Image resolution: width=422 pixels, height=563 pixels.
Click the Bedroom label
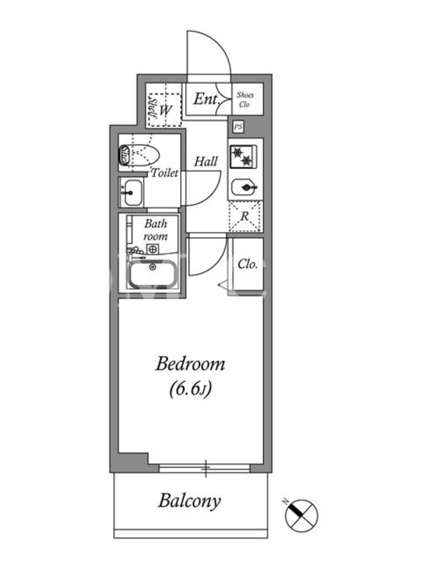pos(190,364)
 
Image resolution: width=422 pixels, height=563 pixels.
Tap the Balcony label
pos(189,501)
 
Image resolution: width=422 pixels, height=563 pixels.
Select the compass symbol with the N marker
pos(301,514)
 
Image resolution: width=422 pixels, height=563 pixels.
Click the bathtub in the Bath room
pos(153,274)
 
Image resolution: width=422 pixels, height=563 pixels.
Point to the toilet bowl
pos(139,155)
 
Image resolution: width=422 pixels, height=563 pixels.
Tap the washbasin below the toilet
pos(132,192)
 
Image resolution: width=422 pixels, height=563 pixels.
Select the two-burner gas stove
pos(243,156)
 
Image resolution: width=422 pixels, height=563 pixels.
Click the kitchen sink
pos(244,187)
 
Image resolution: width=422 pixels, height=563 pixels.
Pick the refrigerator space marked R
pos(245,216)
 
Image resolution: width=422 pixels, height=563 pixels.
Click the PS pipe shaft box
pos(238,127)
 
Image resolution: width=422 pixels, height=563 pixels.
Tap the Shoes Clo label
pos(245,99)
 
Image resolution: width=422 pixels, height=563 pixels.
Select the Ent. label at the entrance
pos(206,99)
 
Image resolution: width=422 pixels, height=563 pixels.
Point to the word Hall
pos(206,162)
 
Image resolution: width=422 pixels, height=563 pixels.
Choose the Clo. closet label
pos(248,265)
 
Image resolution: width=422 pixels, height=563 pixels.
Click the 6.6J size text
pos(190,388)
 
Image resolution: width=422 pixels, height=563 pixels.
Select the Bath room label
pos(155,230)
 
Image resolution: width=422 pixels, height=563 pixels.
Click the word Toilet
pos(165,172)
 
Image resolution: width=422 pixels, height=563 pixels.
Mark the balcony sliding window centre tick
pos(205,468)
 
